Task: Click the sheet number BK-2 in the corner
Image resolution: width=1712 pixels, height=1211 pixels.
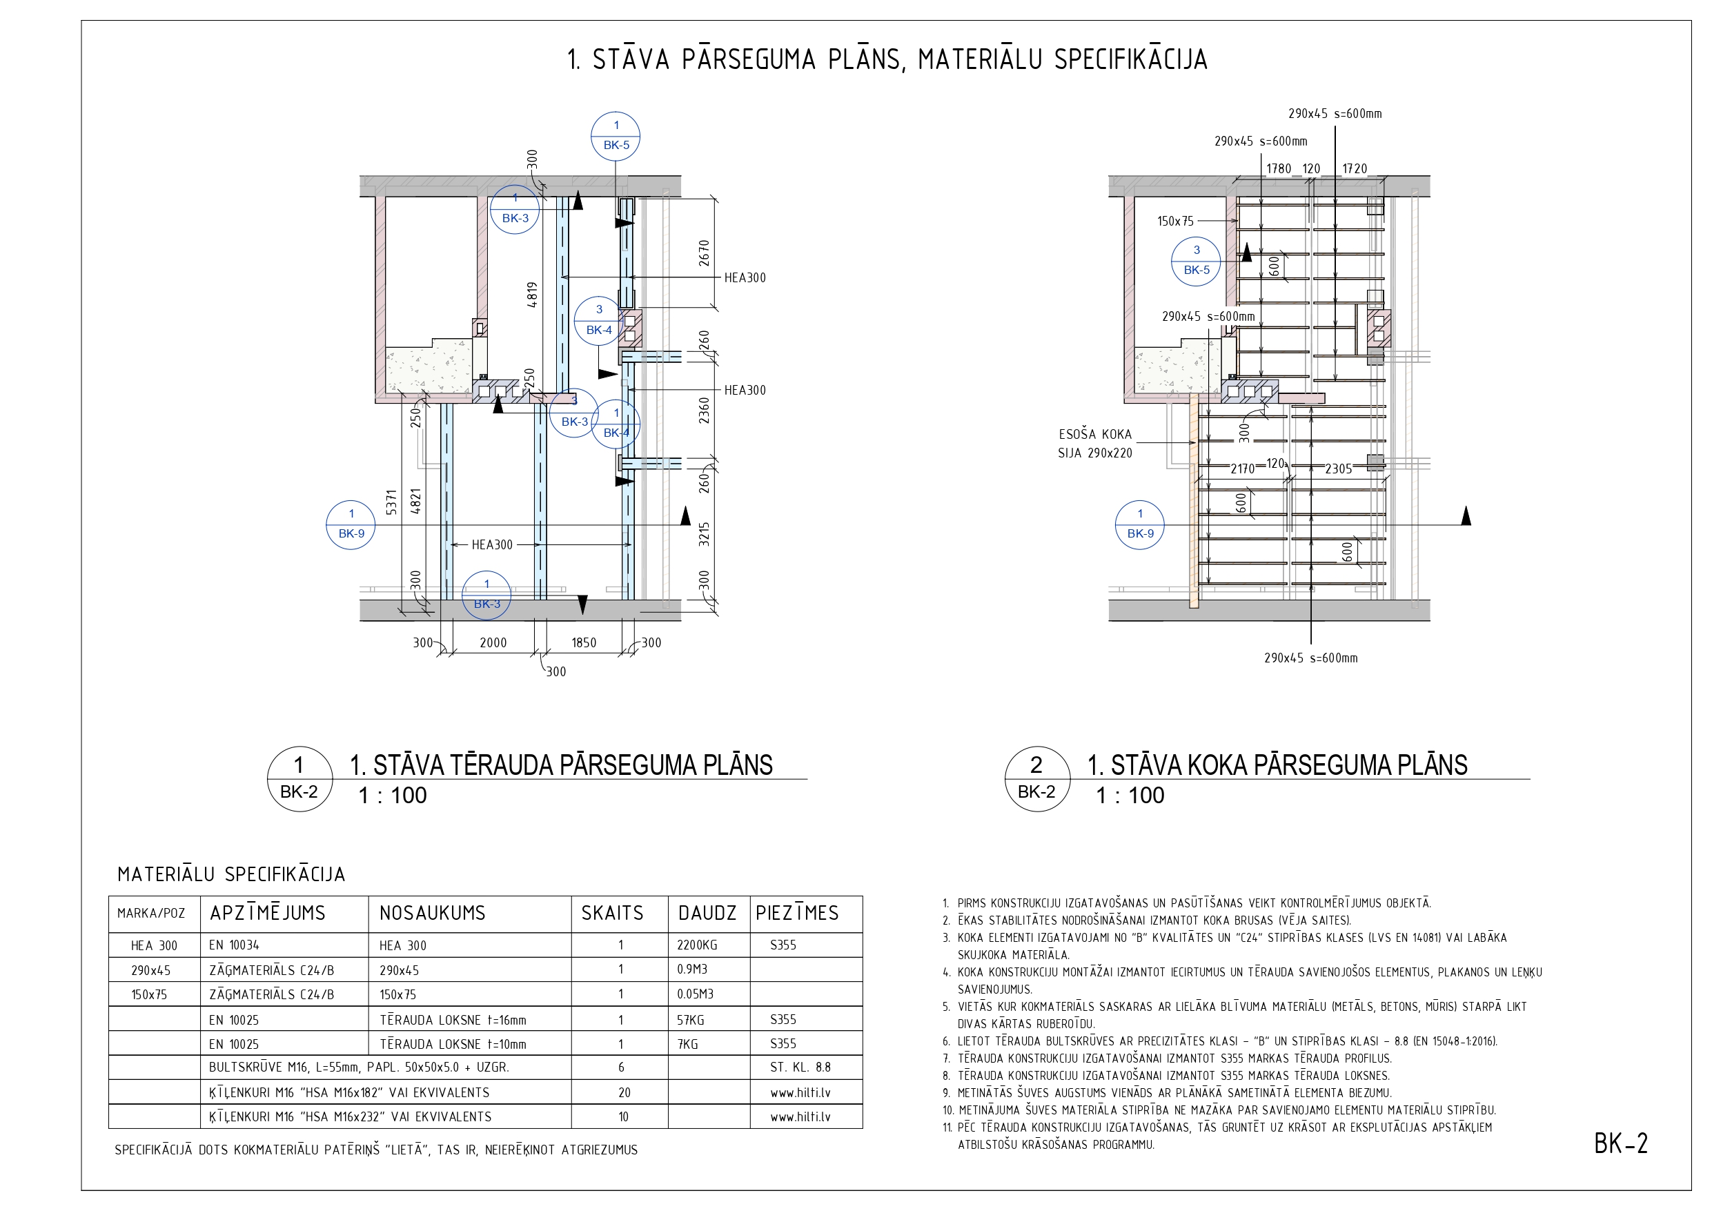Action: point(1621,1143)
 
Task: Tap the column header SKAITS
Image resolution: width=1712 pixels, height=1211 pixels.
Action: point(612,913)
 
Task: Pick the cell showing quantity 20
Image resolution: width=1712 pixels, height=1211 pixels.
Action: point(624,1092)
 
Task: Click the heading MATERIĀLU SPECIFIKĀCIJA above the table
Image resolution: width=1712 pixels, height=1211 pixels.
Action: point(231,874)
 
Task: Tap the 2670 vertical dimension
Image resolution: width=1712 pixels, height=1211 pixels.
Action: point(704,253)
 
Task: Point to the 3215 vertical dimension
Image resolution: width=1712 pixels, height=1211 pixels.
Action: point(704,534)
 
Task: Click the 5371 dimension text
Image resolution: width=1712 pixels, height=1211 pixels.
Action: point(391,502)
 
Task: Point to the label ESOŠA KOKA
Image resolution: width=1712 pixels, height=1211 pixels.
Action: point(1094,434)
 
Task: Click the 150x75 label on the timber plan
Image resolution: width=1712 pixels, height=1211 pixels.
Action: point(1175,221)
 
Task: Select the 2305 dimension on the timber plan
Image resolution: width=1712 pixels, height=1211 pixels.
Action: point(1339,469)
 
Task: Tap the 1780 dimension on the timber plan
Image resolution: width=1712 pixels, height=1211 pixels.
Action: point(1279,168)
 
